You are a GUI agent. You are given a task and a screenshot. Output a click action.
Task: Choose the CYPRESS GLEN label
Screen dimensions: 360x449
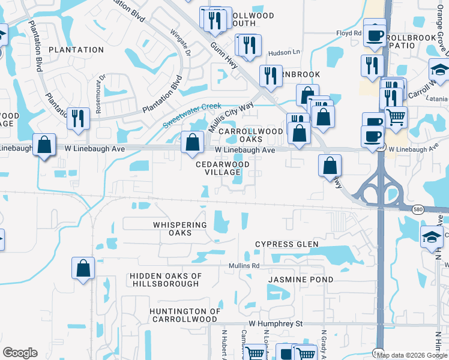[x=286, y=244]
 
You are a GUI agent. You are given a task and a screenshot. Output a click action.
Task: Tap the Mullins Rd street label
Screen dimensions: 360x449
[x=244, y=265]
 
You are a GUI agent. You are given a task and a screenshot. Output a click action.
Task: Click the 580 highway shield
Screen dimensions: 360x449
[x=418, y=209]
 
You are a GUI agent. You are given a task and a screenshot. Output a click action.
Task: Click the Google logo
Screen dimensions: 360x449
[x=20, y=353]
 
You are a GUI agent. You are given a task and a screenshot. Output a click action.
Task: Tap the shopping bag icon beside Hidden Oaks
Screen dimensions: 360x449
[x=83, y=268]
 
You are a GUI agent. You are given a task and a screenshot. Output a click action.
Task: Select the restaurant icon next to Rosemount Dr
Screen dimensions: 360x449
[x=77, y=118]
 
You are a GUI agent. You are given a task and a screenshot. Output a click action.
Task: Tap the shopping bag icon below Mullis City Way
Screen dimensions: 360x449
[x=192, y=143]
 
